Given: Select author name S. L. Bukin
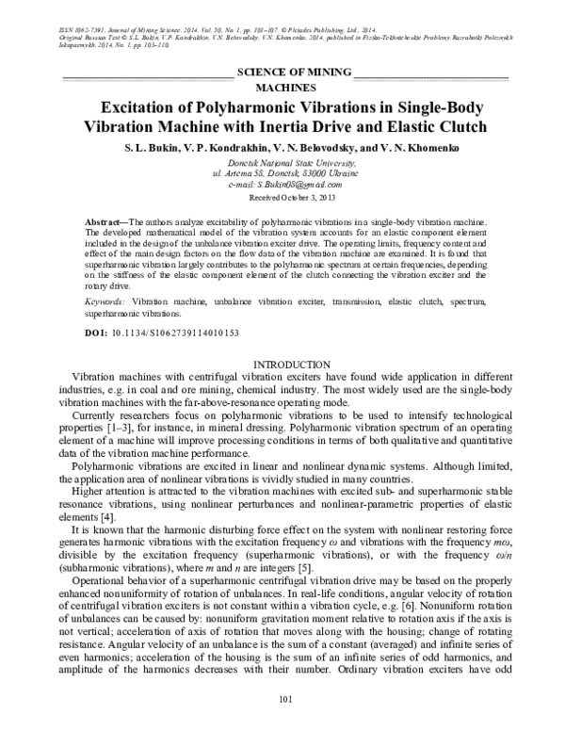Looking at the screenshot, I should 153,149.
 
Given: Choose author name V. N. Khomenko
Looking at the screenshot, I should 412,149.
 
